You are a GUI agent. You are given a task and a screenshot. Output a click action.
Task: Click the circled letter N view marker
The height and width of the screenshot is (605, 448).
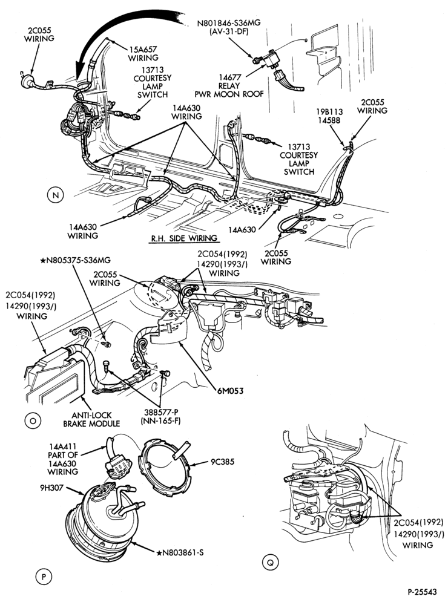click(x=55, y=195)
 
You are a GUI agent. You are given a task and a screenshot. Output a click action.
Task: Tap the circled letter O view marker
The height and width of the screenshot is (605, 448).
click(x=33, y=420)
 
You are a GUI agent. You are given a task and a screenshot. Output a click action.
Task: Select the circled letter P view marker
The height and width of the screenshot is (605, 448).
click(x=43, y=577)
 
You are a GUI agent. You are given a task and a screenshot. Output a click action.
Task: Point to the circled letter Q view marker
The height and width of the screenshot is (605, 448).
click(x=270, y=562)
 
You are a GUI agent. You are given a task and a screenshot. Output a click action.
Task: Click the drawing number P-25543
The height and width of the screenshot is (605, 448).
click(x=422, y=592)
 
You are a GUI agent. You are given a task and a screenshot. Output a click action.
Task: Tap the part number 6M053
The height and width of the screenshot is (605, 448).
click(x=230, y=391)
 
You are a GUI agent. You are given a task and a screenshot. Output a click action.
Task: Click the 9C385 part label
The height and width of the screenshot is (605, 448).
click(x=222, y=462)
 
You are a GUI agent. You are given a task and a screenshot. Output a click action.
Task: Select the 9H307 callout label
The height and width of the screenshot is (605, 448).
click(x=51, y=487)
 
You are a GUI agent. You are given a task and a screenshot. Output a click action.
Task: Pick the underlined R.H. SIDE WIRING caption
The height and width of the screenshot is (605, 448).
click(x=184, y=238)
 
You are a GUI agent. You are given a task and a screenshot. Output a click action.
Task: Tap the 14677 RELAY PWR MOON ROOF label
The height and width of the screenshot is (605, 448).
click(x=229, y=85)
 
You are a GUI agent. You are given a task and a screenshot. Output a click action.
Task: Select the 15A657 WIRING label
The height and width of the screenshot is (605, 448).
click(x=143, y=54)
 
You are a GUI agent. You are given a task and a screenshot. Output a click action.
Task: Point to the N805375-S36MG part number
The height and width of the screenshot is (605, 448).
click(x=75, y=261)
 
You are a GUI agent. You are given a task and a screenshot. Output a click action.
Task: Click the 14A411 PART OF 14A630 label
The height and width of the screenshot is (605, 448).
click(x=62, y=459)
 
